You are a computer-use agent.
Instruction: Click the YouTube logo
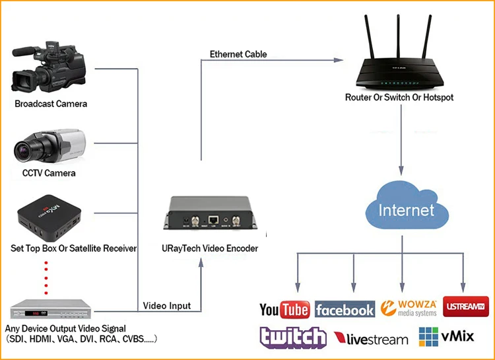pos(284,309)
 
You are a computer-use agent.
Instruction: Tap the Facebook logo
pos(345,309)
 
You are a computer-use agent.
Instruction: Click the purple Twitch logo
pos(292,337)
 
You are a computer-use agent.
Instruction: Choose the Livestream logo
pos(371,340)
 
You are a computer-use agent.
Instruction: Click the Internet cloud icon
pos(406,209)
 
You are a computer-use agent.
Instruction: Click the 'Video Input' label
pos(167,305)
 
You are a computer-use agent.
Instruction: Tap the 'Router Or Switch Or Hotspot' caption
pos(399,97)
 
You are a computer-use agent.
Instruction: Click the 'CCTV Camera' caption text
pos(45,173)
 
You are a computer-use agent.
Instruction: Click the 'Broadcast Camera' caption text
pos(51,104)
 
